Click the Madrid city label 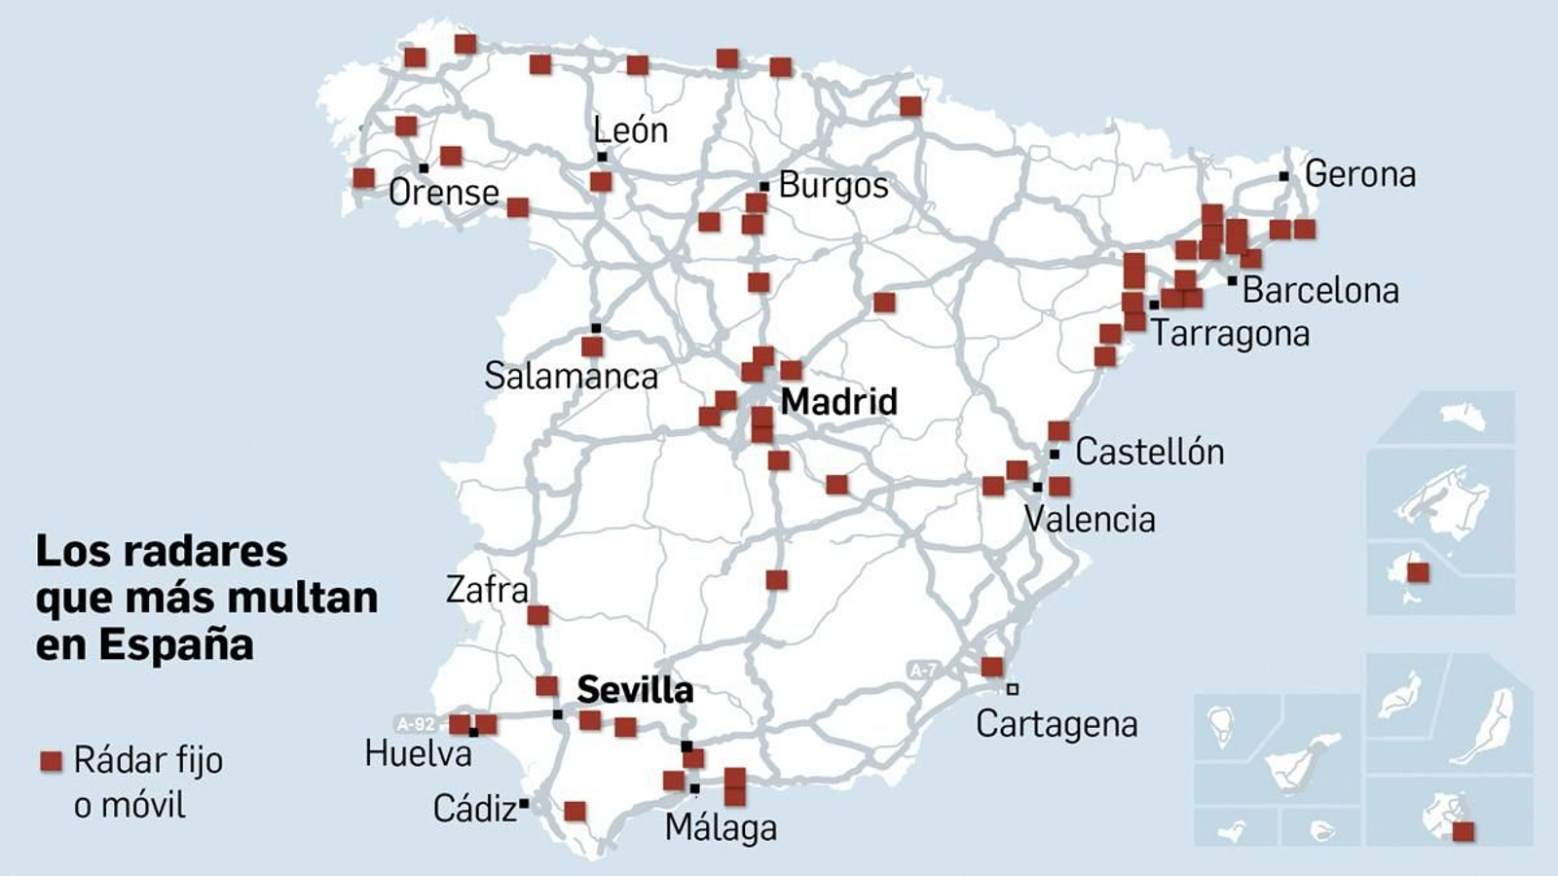click(x=838, y=401)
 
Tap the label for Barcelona click(x=1320, y=290)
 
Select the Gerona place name click(x=1359, y=174)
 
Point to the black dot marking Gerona click(x=1284, y=176)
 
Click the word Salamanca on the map click(x=571, y=376)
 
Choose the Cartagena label click(x=1057, y=724)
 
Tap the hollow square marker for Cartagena click(x=1013, y=689)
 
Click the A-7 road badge click(x=922, y=670)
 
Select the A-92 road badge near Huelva click(x=416, y=724)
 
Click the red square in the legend click(x=51, y=761)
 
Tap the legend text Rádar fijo click(x=148, y=760)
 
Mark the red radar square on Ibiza click(x=1419, y=572)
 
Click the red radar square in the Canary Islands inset click(x=1463, y=831)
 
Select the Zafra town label click(x=487, y=590)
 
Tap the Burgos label click(x=834, y=185)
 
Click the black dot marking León click(x=602, y=157)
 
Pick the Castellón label click(x=1149, y=452)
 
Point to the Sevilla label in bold click(x=635, y=690)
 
